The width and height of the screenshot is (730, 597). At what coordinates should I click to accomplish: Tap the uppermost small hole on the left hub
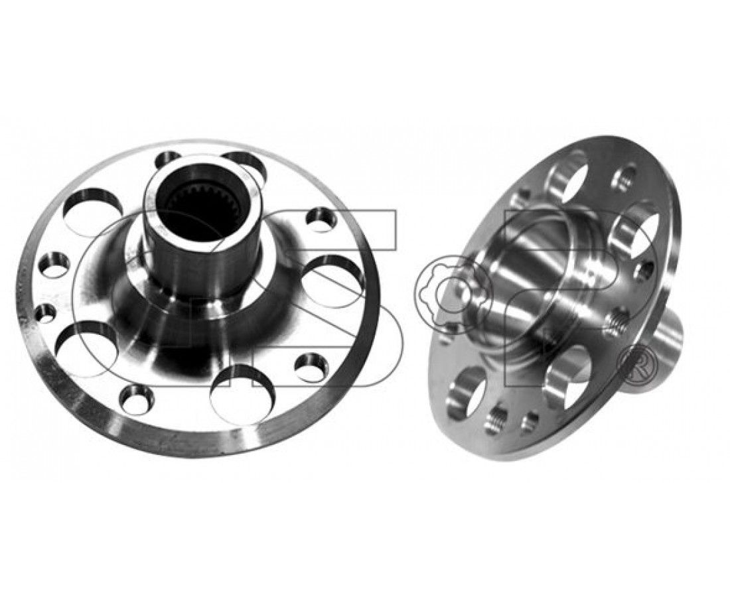pyautogui.click(x=169, y=161)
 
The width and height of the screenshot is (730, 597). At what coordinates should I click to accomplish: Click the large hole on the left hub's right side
pyautogui.click(x=333, y=281)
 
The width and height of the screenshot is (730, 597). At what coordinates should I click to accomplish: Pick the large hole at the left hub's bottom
pyautogui.click(x=242, y=395)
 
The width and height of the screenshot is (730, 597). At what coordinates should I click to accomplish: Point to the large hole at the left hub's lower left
pyautogui.click(x=86, y=348)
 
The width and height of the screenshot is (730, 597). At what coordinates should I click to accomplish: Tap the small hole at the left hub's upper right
pyautogui.click(x=321, y=220)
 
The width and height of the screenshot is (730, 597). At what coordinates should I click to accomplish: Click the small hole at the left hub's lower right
pyautogui.click(x=311, y=367)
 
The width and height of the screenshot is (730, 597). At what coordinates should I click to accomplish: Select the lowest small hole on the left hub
pyautogui.click(x=137, y=399)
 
